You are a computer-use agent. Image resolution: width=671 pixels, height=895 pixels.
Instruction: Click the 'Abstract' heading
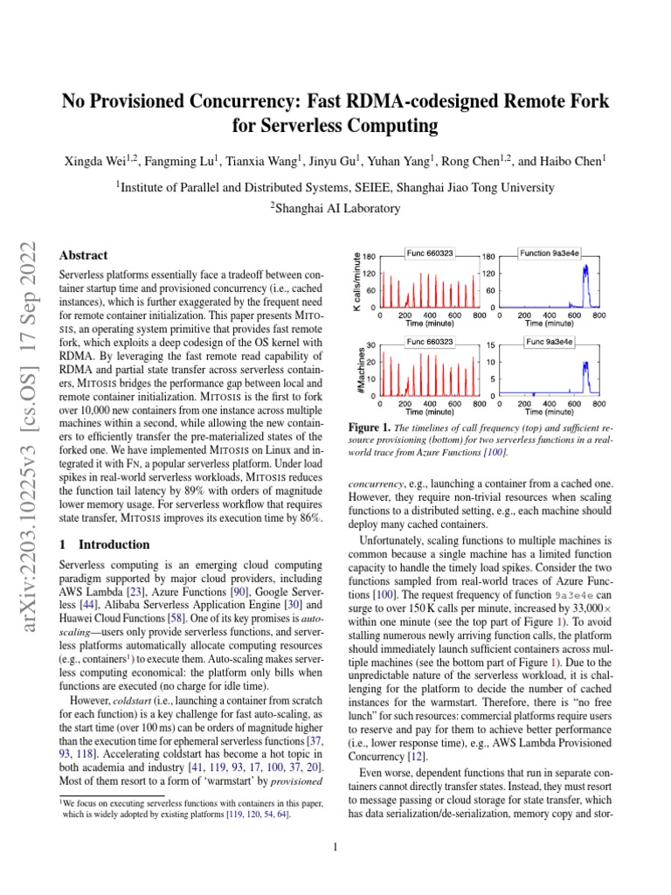[x=83, y=255]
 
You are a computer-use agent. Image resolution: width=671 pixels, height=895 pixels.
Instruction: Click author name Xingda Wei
[x=93, y=162]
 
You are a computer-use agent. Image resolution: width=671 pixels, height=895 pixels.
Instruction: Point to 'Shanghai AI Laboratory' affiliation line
[x=335, y=208]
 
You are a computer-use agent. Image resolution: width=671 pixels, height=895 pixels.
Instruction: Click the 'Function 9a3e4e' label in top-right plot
[x=548, y=253]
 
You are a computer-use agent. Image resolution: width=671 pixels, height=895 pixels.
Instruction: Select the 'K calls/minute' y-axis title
[x=356, y=280]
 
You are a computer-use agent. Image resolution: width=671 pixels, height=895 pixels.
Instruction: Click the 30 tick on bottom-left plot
[x=371, y=344]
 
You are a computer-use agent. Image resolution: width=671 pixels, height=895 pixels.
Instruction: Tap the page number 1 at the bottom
[x=335, y=846]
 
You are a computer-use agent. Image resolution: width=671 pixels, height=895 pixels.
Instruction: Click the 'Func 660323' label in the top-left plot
[x=429, y=253]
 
